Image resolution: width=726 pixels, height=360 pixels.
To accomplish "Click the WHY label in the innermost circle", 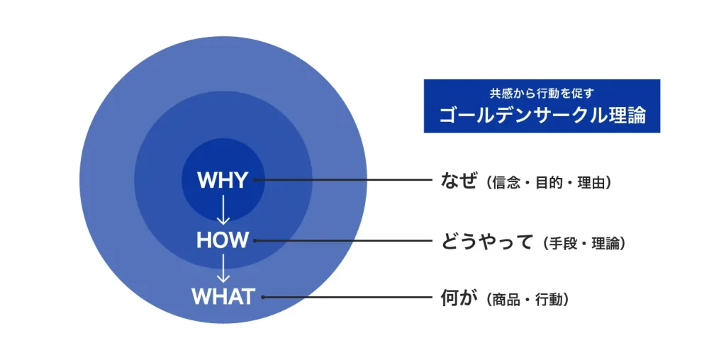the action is [x=223, y=180].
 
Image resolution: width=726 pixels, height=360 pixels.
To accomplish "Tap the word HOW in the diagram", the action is [x=223, y=240].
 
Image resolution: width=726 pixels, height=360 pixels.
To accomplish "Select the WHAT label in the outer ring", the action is [x=223, y=297].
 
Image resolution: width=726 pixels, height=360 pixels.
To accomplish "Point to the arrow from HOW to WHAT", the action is [x=223, y=268].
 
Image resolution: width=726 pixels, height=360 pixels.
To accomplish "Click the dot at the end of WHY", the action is [x=255, y=180].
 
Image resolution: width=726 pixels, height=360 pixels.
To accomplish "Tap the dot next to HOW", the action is [x=255, y=241].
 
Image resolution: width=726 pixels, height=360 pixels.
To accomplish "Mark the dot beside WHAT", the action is [x=262, y=297].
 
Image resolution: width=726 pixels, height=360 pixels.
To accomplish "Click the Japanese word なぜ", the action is [x=458, y=181].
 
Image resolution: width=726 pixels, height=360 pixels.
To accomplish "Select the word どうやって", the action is [x=486, y=242].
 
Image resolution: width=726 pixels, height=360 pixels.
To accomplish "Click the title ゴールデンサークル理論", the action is [x=542, y=116].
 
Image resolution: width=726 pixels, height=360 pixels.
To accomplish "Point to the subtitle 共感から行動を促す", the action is [x=542, y=93].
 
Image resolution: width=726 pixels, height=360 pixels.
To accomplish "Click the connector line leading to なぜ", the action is [x=344, y=180].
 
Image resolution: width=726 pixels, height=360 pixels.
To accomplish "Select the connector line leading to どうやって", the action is [x=344, y=241].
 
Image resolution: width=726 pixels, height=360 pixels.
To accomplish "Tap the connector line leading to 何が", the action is [x=347, y=297].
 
